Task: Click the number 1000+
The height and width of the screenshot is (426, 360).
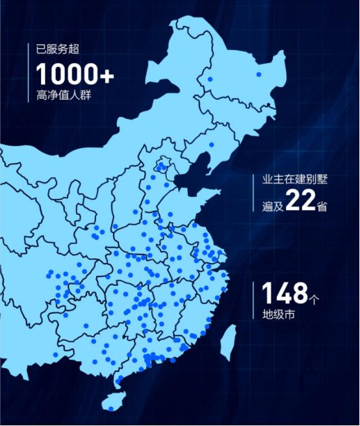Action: (x=75, y=74)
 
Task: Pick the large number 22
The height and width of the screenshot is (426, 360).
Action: (x=301, y=202)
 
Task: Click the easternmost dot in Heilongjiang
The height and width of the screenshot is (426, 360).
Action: (x=259, y=75)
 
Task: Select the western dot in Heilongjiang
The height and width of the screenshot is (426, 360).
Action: (x=209, y=79)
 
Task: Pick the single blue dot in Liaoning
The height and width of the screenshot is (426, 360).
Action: (x=211, y=144)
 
